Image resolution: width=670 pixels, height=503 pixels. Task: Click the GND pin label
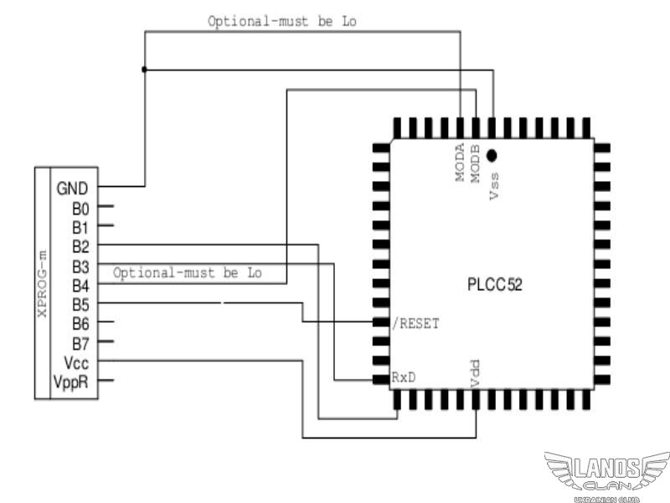(72, 188)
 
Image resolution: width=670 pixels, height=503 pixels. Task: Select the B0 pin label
(80, 207)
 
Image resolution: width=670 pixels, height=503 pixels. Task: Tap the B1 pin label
(80, 226)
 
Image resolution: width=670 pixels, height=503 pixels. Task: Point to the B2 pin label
(80, 246)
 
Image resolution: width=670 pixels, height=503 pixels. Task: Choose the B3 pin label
(80, 266)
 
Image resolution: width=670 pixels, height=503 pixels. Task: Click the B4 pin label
(80, 285)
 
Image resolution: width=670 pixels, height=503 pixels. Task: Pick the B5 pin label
(80, 304)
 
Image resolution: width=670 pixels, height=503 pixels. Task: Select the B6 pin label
(80, 324)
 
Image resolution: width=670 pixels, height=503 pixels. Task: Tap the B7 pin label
(80, 343)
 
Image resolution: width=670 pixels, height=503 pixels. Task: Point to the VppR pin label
(73, 382)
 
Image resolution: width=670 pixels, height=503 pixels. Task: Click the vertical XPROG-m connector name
(42, 283)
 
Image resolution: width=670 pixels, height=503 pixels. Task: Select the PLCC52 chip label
(495, 285)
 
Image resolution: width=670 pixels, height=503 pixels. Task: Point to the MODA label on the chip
(460, 163)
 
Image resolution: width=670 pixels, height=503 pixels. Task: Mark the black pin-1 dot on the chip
(492, 154)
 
